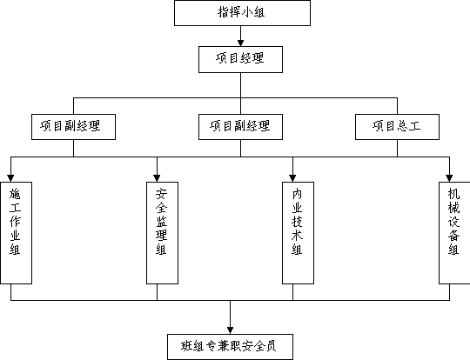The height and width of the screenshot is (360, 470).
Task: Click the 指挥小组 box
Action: click(x=242, y=13)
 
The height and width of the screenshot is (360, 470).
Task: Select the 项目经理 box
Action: click(x=240, y=59)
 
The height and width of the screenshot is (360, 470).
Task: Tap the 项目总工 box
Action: click(x=397, y=127)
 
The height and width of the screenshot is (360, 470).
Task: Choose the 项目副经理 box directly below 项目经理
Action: click(x=240, y=127)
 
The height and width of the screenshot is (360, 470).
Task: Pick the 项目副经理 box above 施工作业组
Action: click(x=73, y=127)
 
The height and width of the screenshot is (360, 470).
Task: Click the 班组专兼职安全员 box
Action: click(x=230, y=347)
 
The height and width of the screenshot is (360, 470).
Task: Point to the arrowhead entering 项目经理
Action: click(x=240, y=43)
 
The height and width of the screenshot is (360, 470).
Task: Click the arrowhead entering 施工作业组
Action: click(x=10, y=178)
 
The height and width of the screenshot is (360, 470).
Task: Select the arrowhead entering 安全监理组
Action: click(x=157, y=178)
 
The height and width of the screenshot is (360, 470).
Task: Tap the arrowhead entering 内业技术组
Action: click(x=292, y=178)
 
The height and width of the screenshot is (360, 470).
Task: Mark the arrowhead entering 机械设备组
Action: click(x=449, y=178)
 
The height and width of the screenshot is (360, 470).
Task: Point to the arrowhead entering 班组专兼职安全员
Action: click(x=230, y=330)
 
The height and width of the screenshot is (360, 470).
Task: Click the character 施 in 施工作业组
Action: click(x=15, y=194)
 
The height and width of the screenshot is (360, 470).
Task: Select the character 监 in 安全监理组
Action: click(x=162, y=222)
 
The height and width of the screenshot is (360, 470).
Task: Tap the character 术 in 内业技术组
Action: click(x=297, y=236)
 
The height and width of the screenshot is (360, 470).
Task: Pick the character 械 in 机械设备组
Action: click(x=453, y=208)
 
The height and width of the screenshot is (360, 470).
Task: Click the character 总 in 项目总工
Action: click(x=403, y=126)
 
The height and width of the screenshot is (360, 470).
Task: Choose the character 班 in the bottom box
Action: click(x=187, y=346)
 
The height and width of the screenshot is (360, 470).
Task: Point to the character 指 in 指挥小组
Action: click(x=224, y=12)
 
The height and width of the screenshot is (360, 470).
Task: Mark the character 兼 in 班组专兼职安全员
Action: click(x=223, y=346)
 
